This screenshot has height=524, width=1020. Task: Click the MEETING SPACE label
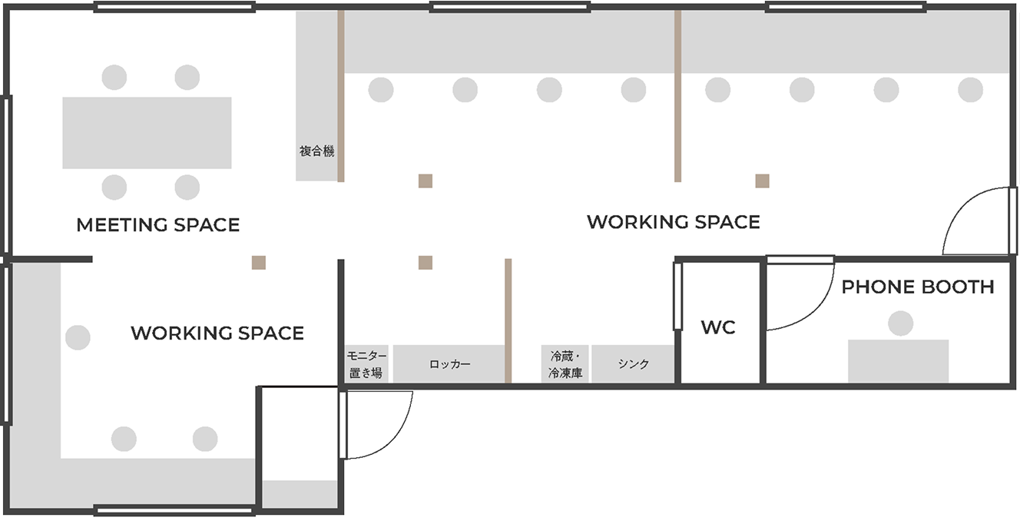pyautogui.click(x=158, y=225)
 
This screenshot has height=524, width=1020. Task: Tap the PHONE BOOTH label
pyautogui.click(x=918, y=287)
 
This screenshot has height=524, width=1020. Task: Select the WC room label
pyautogui.click(x=718, y=327)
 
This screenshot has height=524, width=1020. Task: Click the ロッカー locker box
pyautogui.click(x=449, y=363)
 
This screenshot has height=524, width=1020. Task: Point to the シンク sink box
pyautogui.click(x=633, y=363)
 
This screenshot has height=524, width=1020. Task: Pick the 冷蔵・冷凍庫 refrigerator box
pyautogui.click(x=565, y=363)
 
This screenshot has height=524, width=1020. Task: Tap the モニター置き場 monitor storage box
pyautogui.click(x=366, y=363)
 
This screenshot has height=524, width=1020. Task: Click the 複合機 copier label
pyautogui.click(x=317, y=151)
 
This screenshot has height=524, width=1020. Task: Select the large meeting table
pyautogui.click(x=147, y=133)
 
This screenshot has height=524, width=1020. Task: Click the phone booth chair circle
pyautogui.click(x=901, y=323)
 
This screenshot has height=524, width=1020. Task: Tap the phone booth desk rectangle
pyautogui.click(x=898, y=361)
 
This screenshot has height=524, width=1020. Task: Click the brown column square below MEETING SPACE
pyautogui.click(x=259, y=263)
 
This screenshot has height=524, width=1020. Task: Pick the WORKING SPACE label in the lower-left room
pyautogui.click(x=217, y=333)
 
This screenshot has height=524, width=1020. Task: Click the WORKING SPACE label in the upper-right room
pyautogui.click(x=674, y=222)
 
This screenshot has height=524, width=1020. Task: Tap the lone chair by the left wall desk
pyautogui.click(x=78, y=337)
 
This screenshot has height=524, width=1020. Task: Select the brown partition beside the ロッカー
pyautogui.click(x=508, y=321)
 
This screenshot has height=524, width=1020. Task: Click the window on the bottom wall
pyautogui.click(x=174, y=511)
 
